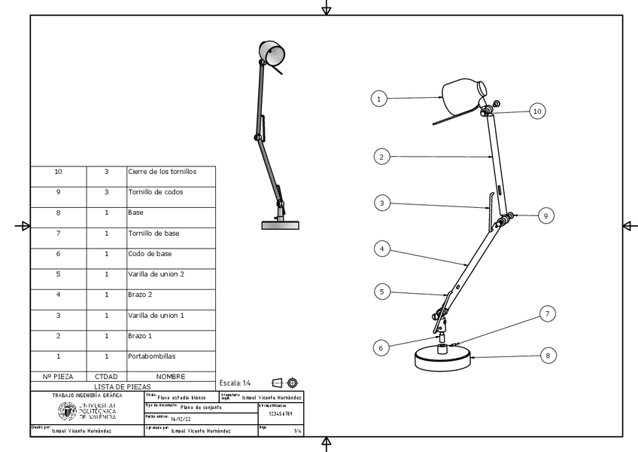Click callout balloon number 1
tap(379, 98)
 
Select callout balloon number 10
tap(536, 111)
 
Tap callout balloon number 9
tap(547, 215)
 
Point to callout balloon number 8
tap(547, 355)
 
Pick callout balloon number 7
tap(547, 313)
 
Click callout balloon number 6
tap(381, 347)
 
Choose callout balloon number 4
tap(381, 247)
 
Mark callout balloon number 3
tap(381, 203)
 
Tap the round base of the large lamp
tap(442, 359)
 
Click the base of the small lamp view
tap(280, 224)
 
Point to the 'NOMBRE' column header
tap(171, 376)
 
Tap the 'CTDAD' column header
tap(106, 376)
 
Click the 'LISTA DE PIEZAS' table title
tap(123, 386)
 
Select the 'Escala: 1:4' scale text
tap(235, 383)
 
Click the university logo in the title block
tap(87, 410)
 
